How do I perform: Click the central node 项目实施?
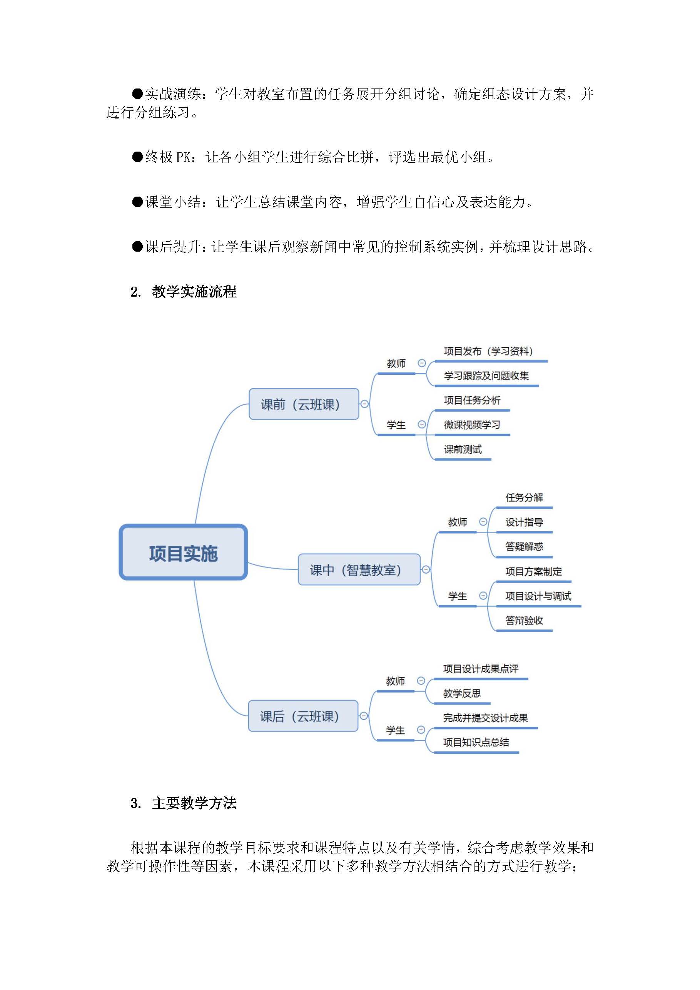183,553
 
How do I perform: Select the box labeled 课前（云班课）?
304,404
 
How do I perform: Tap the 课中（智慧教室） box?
358,569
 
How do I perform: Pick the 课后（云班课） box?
303,716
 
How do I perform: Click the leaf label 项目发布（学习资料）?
488,351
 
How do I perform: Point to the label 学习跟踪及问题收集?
486,376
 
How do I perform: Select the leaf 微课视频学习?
472,425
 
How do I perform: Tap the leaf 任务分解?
524,497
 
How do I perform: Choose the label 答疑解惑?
524,546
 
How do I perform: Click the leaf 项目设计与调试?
538,596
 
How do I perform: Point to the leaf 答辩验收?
524,621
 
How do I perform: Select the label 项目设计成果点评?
481,669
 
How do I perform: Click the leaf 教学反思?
461,693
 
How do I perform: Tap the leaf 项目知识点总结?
476,742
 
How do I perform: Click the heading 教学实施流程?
194,292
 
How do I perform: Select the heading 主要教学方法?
194,803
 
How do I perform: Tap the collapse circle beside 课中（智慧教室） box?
426,569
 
